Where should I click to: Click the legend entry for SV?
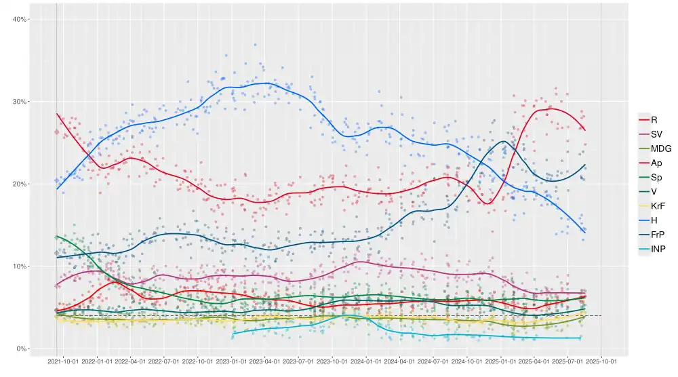[656, 134]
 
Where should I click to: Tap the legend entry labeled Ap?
[656, 163]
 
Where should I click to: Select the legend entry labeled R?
[654, 120]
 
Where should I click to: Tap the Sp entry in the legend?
[656, 178]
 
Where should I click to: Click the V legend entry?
[654, 192]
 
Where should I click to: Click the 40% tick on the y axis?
[20, 19]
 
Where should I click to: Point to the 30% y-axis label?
[20, 102]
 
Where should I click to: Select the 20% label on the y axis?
[20, 184]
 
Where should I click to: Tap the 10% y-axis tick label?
[20, 266]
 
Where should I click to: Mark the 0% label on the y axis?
[22, 349]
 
